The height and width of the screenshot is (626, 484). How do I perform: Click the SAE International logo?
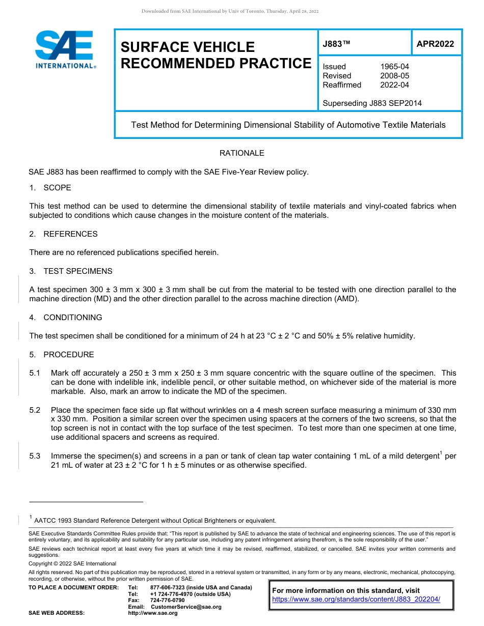64,49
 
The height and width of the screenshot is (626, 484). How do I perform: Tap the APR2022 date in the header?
435,44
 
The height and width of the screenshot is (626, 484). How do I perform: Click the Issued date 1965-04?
394,67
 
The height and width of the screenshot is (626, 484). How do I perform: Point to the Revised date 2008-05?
394,76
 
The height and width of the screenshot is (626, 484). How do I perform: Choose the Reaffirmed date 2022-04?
394,85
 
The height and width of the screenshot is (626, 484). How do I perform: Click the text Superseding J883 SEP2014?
372,103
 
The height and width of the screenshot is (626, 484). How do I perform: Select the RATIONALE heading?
241,153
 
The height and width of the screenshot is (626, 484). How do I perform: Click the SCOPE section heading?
57,188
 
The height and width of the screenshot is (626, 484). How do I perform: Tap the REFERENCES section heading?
70,234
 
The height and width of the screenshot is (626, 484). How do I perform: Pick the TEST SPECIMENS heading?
77,271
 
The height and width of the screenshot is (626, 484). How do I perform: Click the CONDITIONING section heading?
72,318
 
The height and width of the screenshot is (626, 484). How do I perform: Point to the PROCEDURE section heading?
68,355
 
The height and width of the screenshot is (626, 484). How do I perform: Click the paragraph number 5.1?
35,374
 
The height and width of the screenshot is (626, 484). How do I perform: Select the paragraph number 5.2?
35,410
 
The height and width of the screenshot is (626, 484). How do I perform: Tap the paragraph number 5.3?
35,457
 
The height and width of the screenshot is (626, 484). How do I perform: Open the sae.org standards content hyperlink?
356,600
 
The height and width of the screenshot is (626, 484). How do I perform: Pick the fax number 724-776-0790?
167,601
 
